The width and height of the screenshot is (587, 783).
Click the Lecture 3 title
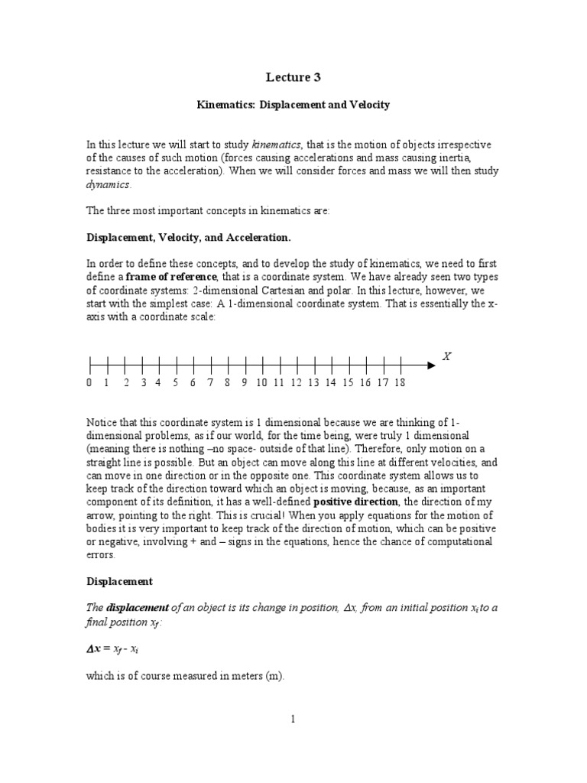(x=293, y=76)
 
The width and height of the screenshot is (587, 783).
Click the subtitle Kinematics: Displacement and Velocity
(x=293, y=105)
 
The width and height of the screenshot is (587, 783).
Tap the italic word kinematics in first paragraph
(x=277, y=145)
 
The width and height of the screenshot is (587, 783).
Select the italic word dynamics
(x=108, y=184)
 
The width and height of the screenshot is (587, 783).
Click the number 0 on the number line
(x=89, y=382)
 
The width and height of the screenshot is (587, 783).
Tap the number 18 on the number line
(x=400, y=382)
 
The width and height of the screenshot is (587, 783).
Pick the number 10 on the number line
(x=261, y=382)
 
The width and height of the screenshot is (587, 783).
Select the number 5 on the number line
(x=175, y=382)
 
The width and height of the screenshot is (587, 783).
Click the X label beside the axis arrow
(x=446, y=356)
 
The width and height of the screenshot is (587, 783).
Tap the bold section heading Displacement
(x=119, y=580)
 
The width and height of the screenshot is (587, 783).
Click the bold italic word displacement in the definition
(x=131, y=607)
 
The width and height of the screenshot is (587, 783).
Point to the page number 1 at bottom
(x=293, y=719)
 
